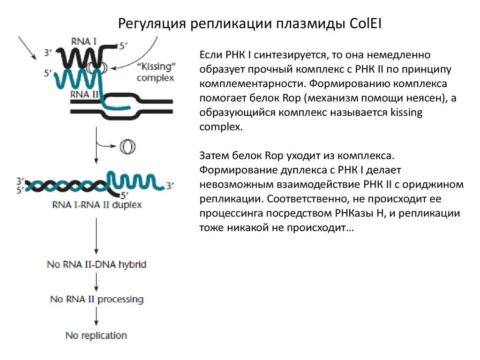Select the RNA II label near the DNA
pos(84,93)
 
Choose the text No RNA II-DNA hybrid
pos(97,264)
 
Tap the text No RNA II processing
pos(97,299)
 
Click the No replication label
pos(96,336)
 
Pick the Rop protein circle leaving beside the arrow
pos(127,147)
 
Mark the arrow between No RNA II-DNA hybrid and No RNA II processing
pos(96,282)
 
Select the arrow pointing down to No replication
pos(96,317)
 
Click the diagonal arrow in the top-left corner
pos(28,48)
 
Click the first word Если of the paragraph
pos(211,56)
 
